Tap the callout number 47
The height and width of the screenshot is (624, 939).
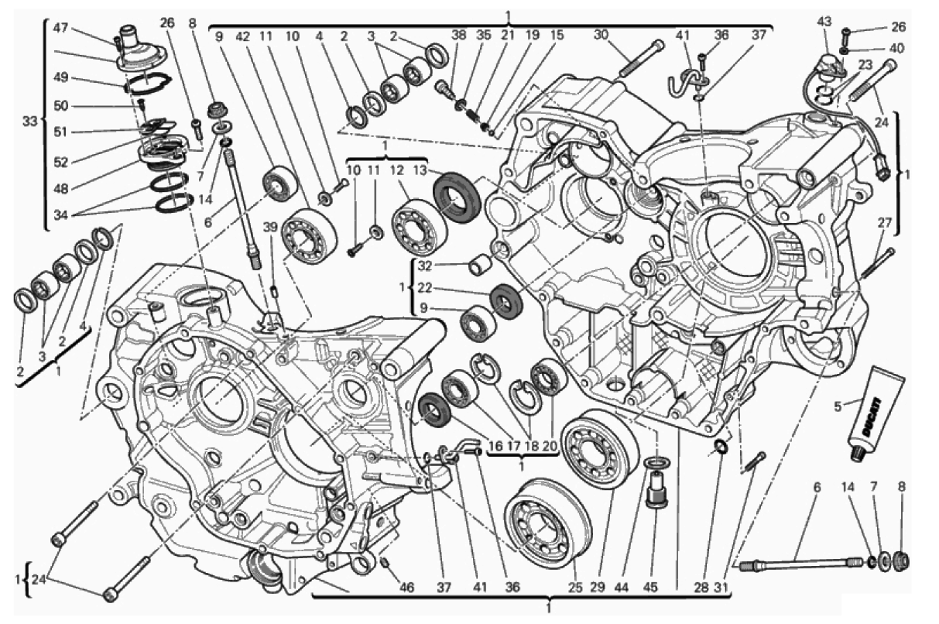pos(61,28)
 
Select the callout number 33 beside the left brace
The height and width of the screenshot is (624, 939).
pos(29,122)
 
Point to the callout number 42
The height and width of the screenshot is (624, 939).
pos(243,36)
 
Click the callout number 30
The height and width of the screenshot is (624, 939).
pos(601,36)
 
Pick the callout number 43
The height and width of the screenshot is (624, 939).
pos(824,22)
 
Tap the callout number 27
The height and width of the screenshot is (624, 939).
pos(885,223)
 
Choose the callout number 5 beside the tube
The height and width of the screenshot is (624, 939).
pos(838,406)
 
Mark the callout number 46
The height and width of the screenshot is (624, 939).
pos(406,588)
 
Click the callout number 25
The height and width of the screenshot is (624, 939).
pos(576,588)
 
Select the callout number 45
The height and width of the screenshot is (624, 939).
pos(650,588)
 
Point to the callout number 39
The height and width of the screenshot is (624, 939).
pos(270,228)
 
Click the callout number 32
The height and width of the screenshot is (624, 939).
pos(425,266)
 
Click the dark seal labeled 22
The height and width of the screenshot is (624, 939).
pos(506,300)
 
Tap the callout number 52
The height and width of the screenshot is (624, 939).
pos(61,162)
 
